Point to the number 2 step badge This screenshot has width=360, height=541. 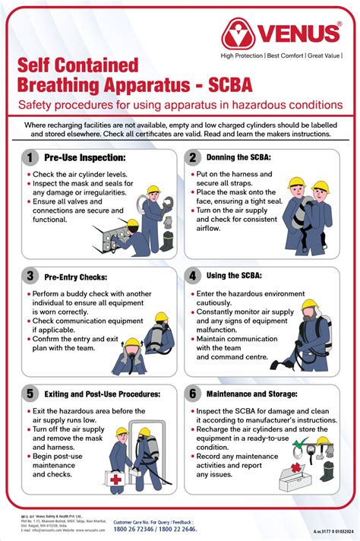(x=194, y=157)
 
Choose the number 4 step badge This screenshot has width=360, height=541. (x=194, y=277)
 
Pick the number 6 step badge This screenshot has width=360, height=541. (x=194, y=394)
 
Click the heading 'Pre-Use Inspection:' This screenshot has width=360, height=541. (x=84, y=157)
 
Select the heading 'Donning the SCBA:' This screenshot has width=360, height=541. (x=239, y=157)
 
